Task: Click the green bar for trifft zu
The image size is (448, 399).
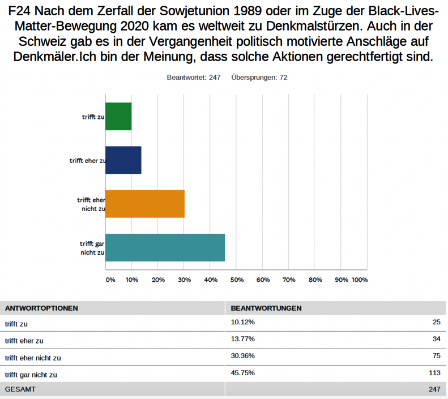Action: tap(118, 116)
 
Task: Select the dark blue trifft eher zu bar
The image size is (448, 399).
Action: tap(123, 160)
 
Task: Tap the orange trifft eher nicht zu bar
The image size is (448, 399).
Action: tap(145, 204)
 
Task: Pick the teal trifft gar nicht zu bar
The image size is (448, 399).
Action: tap(165, 247)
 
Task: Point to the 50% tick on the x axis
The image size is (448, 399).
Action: tap(237, 280)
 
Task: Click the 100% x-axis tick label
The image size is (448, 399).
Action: tap(360, 280)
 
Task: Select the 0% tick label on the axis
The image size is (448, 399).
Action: tap(110, 280)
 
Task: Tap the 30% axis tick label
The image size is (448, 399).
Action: tap(184, 280)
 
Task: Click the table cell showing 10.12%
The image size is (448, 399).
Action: tap(243, 323)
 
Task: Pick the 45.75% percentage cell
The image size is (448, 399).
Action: tap(243, 374)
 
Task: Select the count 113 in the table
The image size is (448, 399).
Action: tap(434, 374)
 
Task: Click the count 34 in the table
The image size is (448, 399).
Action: tap(436, 340)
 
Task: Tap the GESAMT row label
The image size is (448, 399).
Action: tap(20, 389)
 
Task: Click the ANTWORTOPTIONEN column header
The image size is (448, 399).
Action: tap(41, 308)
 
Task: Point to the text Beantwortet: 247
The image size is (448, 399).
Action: tap(193, 77)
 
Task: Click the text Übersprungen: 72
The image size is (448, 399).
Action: tap(259, 77)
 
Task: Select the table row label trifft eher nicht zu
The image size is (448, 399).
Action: tap(33, 357)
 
